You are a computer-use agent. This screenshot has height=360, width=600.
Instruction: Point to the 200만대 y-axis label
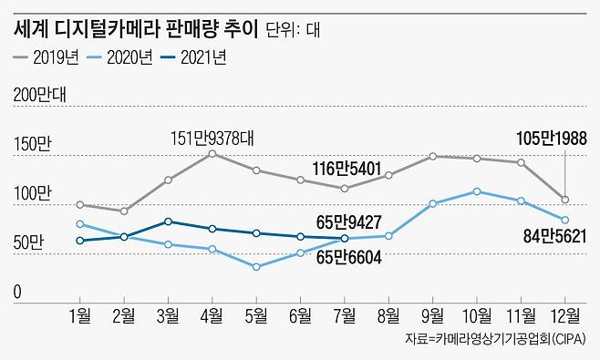[47, 95]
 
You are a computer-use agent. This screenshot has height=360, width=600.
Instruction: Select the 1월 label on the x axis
[81, 315]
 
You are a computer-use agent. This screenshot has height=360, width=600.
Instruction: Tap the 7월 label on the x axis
[345, 315]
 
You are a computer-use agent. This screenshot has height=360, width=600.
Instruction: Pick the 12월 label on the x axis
[564, 315]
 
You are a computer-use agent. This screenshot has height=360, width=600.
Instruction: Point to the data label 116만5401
[345, 169]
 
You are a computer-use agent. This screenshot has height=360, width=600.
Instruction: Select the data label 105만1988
[551, 139]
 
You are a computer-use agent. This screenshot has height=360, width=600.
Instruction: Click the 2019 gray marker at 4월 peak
[212, 154]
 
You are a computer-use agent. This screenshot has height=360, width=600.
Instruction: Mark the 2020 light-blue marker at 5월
[256, 267]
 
